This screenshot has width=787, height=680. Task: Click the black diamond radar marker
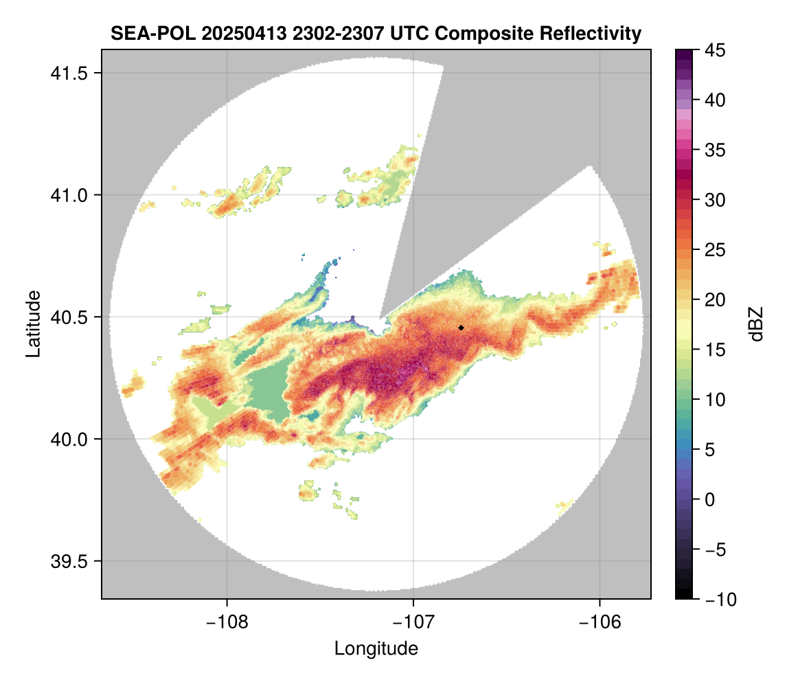click(461, 328)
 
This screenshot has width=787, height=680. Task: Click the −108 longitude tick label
click(227, 622)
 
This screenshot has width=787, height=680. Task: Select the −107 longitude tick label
click(413, 622)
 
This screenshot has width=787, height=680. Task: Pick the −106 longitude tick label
click(600, 622)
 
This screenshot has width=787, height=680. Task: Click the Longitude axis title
click(376, 648)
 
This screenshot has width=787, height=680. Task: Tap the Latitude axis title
click(32, 324)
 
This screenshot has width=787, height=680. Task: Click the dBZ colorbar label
click(756, 324)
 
